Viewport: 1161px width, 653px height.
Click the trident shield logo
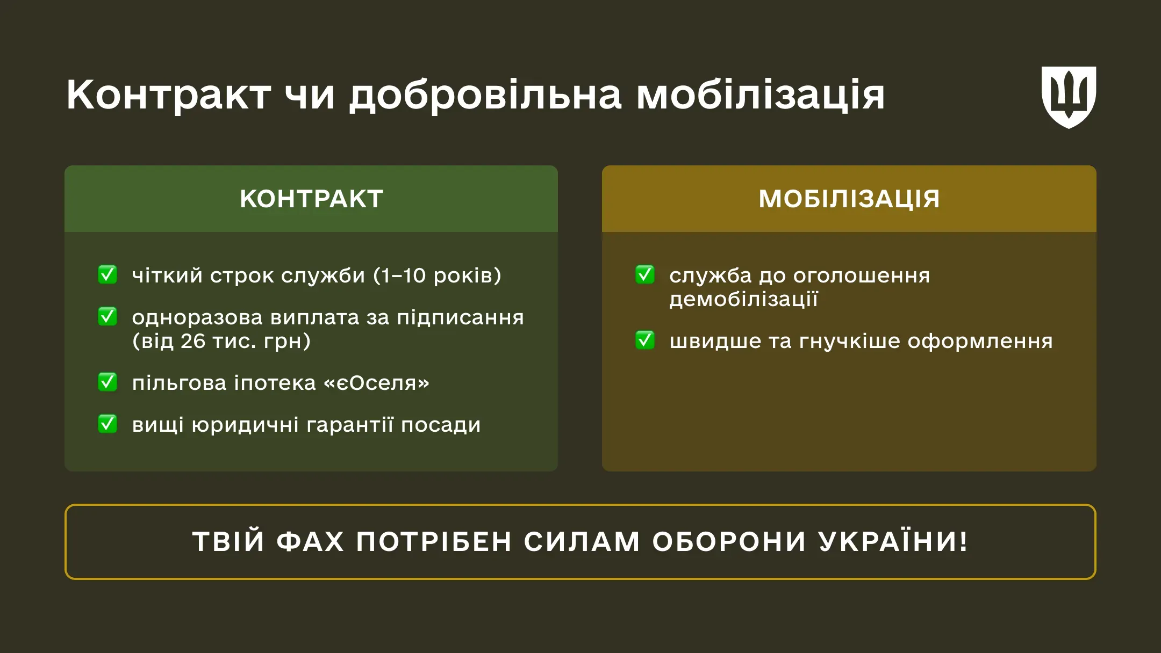[x=1069, y=97]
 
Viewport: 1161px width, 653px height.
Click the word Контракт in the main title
[x=168, y=95]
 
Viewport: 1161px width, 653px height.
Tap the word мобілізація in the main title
[x=760, y=95]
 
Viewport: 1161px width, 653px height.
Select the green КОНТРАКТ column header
[x=311, y=199]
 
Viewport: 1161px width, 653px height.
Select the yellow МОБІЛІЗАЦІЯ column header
[x=849, y=199]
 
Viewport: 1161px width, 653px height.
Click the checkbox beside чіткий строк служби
[x=107, y=274]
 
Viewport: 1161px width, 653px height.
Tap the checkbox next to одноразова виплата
[x=107, y=316]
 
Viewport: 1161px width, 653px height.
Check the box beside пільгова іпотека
[x=107, y=382]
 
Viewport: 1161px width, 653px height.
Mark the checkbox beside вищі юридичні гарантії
[x=107, y=424]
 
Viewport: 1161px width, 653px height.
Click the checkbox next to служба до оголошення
[x=645, y=274]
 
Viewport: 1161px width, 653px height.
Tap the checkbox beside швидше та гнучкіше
[x=645, y=340]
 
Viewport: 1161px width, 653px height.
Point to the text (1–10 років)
[x=437, y=275]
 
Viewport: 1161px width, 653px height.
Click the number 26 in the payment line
[x=193, y=341]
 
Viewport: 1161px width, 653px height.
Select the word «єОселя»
[x=376, y=383]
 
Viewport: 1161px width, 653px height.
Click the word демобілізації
[x=743, y=299]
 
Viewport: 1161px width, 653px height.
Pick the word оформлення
[x=980, y=341]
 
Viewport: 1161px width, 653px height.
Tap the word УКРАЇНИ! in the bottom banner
[x=893, y=541]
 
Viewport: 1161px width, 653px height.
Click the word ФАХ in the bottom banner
[x=310, y=541]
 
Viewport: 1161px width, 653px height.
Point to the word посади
[x=441, y=425]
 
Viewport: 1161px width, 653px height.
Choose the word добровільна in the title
[x=485, y=95]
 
